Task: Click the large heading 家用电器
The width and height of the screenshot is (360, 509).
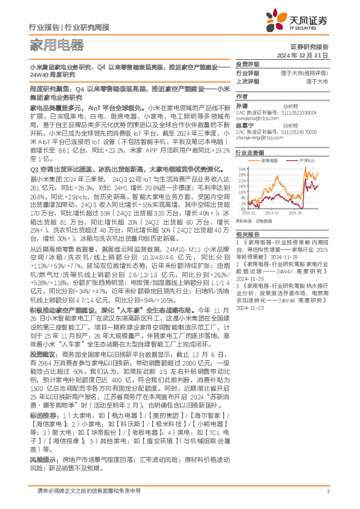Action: pos(57,45)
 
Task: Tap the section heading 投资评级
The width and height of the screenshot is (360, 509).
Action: pos(247,64)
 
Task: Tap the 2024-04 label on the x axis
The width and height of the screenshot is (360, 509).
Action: pos(271,213)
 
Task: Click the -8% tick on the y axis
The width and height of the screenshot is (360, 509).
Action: pos(243,209)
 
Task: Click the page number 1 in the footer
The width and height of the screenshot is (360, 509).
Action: pos(327,491)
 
